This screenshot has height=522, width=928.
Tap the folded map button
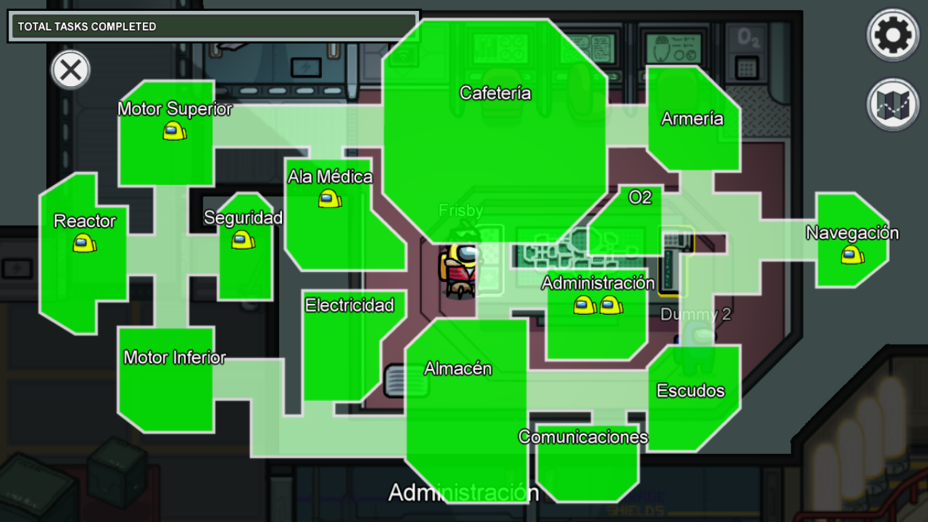click(893, 105)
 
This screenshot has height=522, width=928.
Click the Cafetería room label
click(495, 93)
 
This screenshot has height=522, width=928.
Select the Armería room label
click(692, 119)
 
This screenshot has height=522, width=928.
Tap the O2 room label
click(640, 197)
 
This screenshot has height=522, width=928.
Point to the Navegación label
click(852, 233)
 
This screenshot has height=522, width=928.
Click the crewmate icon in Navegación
click(853, 256)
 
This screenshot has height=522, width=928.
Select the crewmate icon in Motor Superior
click(175, 131)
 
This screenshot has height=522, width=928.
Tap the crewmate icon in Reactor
click(85, 243)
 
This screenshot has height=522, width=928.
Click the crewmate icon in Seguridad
click(243, 239)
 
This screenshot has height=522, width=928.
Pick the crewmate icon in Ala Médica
click(330, 198)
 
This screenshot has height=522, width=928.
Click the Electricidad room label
click(350, 305)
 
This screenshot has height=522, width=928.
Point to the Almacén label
click(458, 368)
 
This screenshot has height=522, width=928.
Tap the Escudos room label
click(691, 391)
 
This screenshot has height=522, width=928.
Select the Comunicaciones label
click(583, 436)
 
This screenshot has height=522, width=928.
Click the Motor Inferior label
click(175, 358)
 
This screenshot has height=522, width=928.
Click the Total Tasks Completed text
click(87, 27)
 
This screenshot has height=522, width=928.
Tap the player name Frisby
click(461, 211)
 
